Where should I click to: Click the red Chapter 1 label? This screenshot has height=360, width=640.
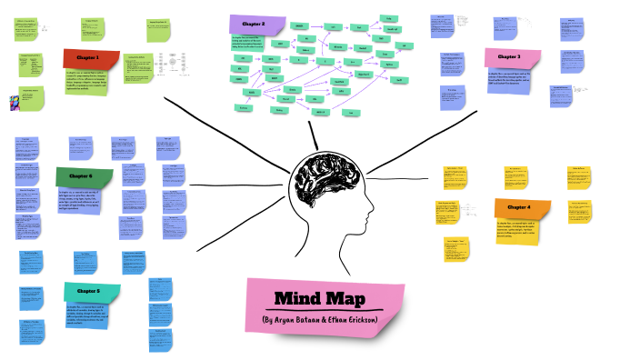pos(90,58)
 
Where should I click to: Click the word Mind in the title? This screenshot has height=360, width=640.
pos(297,299)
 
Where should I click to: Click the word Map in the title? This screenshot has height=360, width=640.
pos(355,299)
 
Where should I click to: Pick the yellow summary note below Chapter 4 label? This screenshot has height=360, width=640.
pos(516,232)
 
